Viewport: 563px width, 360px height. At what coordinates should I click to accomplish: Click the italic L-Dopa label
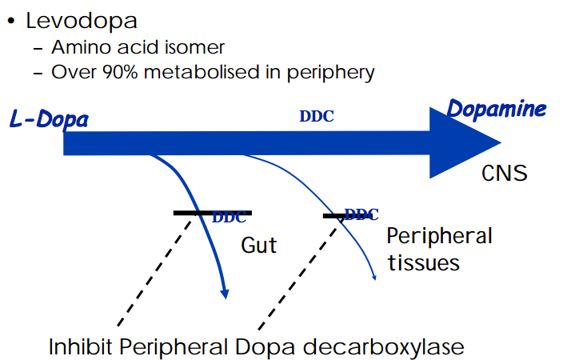click(49, 120)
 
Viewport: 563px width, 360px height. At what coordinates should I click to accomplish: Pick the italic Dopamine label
click(496, 109)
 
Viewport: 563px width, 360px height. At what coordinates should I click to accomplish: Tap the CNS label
click(504, 173)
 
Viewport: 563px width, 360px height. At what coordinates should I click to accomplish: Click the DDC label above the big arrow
click(317, 116)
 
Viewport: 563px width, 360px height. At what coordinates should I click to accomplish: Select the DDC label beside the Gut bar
click(230, 218)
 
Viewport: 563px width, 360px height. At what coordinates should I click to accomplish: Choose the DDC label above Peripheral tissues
click(361, 214)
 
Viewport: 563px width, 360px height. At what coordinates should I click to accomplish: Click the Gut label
click(259, 244)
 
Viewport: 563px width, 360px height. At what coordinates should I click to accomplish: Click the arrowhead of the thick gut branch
click(226, 294)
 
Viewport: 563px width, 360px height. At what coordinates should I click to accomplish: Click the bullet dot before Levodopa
click(11, 20)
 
